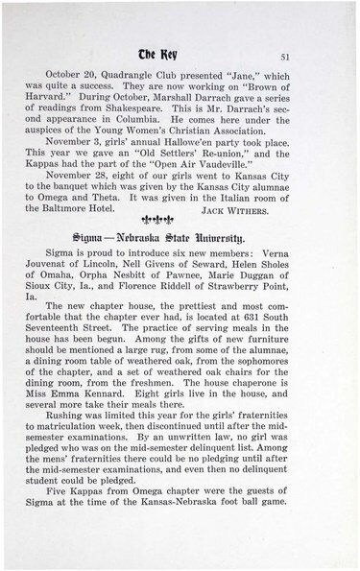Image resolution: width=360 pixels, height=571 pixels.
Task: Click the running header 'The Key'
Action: pos(180,55)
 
